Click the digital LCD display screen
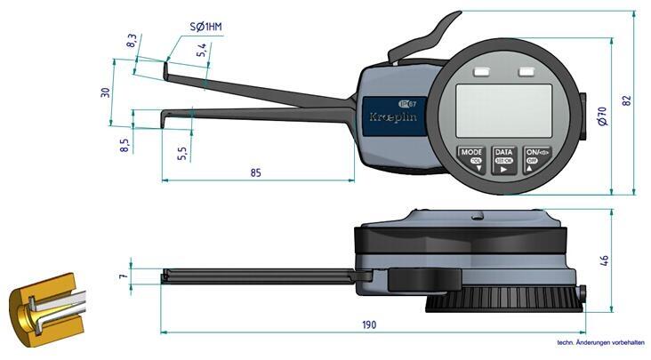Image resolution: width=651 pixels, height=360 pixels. pyautogui.click(x=504, y=110)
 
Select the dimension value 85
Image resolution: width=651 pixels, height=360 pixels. pyautogui.click(x=257, y=172)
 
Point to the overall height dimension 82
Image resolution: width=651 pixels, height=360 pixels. pyautogui.click(x=626, y=100)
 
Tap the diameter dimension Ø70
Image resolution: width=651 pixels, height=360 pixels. pyautogui.click(x=602, y=116)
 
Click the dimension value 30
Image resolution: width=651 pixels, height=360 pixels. pyautogui.click(x=105, y=92)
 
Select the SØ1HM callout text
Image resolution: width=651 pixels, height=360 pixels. pyautogui.click(x=205, y=28)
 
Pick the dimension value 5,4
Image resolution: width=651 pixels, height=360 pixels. pyautogui.click(x=202, y=51)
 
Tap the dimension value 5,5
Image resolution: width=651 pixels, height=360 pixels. pyautogui.click(x=182, y=151)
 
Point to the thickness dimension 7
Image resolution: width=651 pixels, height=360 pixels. pyautogui.click(x=124, y=277)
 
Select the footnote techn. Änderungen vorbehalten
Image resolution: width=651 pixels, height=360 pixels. pyautogui.click(x=599, y=341)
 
